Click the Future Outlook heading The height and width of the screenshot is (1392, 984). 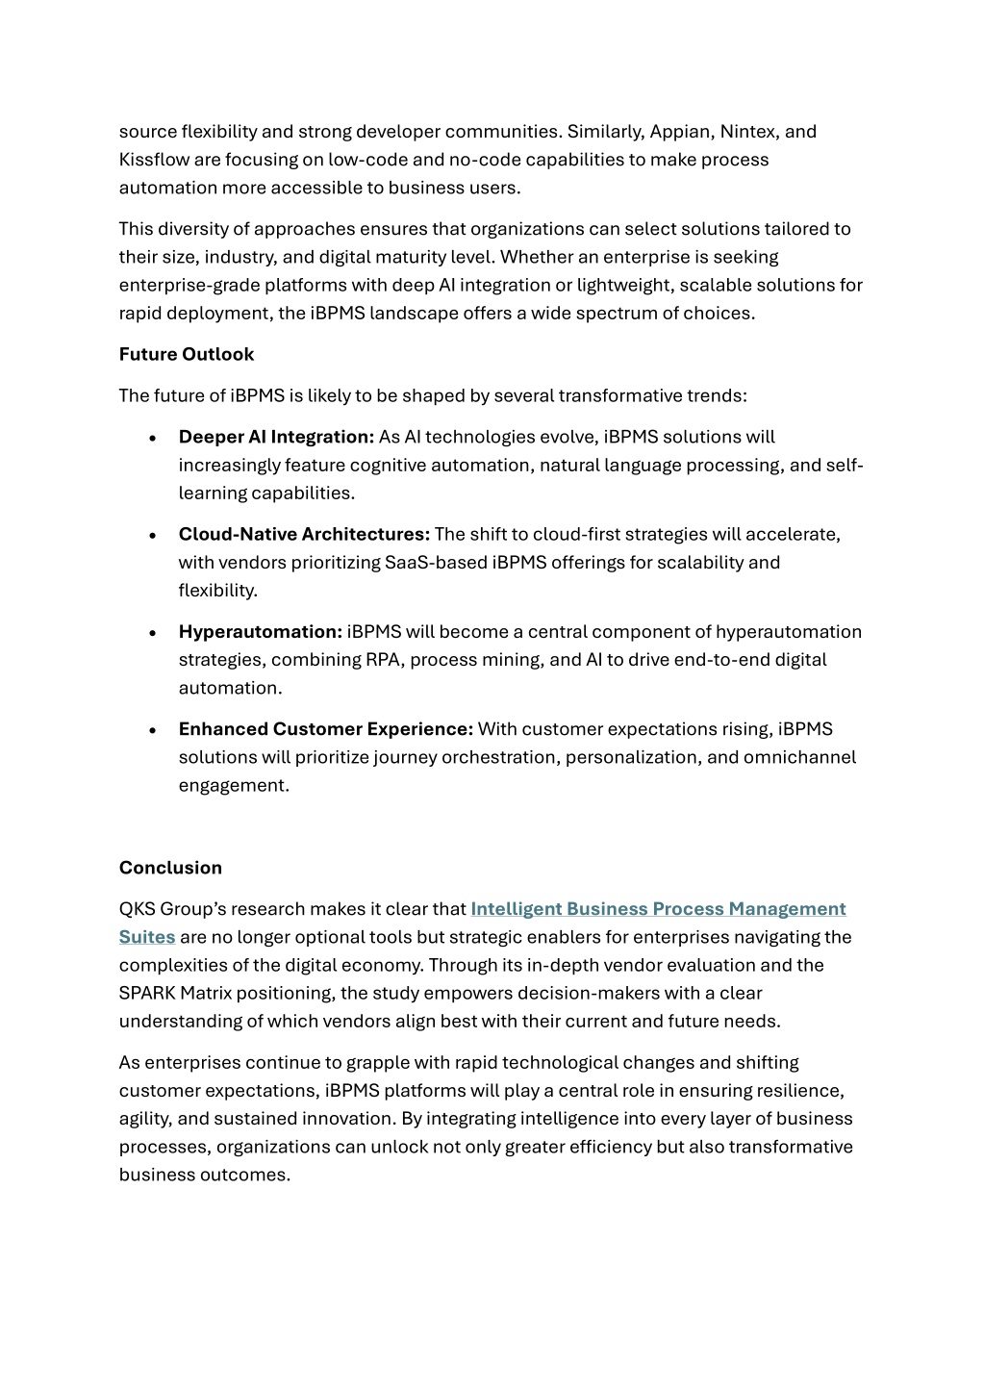[187, 354]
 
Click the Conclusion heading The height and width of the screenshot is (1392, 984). [170, 868]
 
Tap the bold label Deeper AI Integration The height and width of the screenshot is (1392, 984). [276, 437]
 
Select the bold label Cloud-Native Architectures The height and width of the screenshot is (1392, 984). [304, 534]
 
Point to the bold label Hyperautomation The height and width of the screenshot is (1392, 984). [260, 632]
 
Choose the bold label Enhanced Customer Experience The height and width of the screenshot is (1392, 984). [325, 729]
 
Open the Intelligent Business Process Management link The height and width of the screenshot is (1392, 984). [658, 909]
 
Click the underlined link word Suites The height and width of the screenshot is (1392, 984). [147, 937]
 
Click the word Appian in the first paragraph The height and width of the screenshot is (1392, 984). [681, 132]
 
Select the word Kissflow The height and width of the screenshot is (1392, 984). [154, 160]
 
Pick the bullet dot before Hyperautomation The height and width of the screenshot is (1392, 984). [154, 633]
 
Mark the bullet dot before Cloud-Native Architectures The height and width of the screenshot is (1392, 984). [154, 535]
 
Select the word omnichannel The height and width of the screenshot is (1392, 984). [799, 757]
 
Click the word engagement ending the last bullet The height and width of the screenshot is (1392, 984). [233, 785]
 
